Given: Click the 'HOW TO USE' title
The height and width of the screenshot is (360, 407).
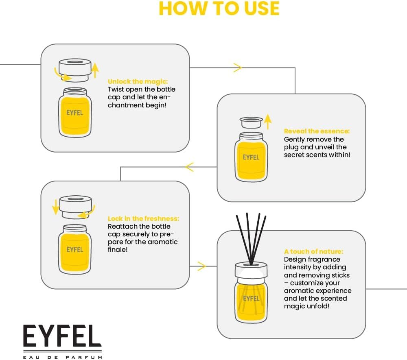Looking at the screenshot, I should pos(219,9).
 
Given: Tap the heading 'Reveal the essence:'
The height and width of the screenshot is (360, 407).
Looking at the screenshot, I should pos(317,131).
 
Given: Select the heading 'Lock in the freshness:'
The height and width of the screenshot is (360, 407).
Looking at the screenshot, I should pos(143,218).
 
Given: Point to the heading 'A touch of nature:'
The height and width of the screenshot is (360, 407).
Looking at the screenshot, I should pos(313,251).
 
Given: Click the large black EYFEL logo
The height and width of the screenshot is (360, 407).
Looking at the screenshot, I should pos(62,336).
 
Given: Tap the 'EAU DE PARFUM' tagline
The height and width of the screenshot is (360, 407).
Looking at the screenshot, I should pos(62,357).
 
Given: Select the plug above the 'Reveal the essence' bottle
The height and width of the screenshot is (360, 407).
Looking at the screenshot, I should pos(251,122).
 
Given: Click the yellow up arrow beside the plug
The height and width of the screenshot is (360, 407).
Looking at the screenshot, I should pos(267,121).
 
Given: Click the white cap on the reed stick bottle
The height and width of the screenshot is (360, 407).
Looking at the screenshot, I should pos(251,271).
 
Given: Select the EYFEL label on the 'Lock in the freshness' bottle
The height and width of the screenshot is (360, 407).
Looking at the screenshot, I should pos(74,249).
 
